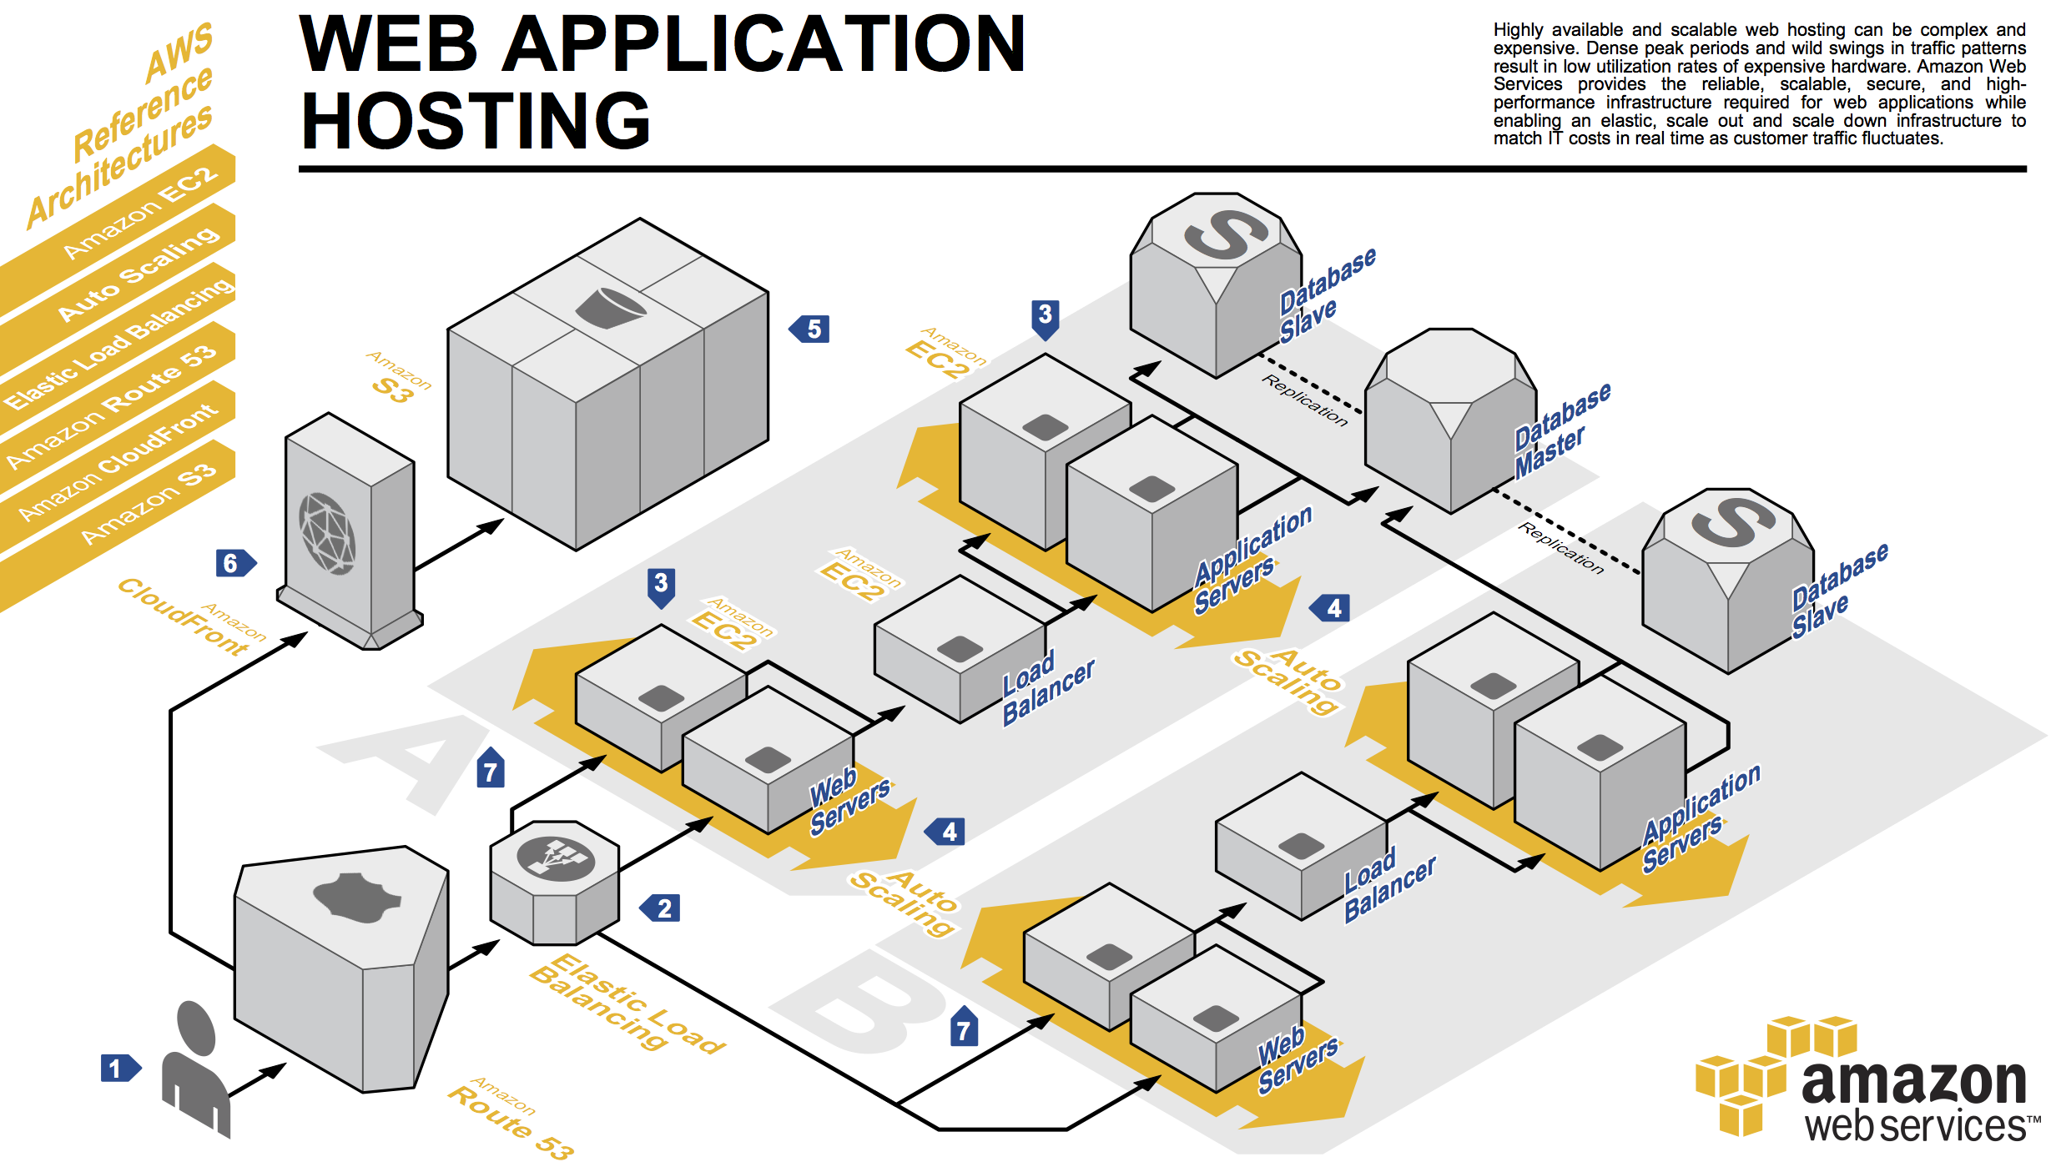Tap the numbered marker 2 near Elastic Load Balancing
[x=660, y=908]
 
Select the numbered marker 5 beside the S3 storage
[x=809, y=329]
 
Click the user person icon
[x=195, y=1068]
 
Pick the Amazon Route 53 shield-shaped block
[x=342, y=968]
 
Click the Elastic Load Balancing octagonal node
[x=555, y=882]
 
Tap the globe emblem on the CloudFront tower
[x=328, y=534]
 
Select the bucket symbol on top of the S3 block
[x=609, y=308]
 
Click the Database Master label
[x=1562, y=430]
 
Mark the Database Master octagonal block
[x=1451, y=420]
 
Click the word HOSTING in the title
[x=476, y=121]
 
